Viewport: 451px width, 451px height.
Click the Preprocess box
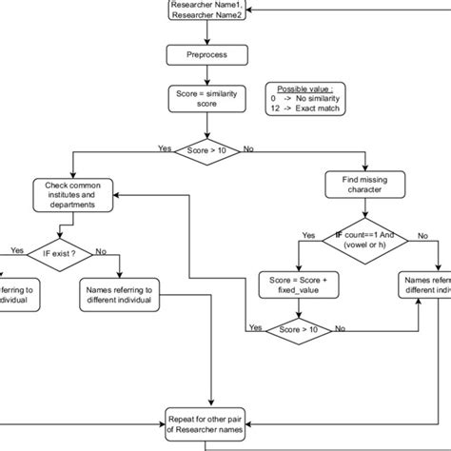pyautogui.click(x=206, y=56)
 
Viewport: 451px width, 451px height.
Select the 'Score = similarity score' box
pyautogui.click(x=206, y=99)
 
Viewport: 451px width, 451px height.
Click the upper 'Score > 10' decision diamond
pyautogui.click(x=207, y=149)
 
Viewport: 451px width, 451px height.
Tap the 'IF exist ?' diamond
pyautogui.click(x=61, y=255)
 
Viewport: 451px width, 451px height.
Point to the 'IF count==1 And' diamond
pyautogui.click(x=364, y=239)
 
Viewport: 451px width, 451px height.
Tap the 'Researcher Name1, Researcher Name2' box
pyautogui.click(x=206, y=10)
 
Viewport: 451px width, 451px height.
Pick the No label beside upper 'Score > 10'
pyautogui.click(x=249, y=148)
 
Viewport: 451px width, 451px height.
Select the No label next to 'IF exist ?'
pyautogui.click(x=101, y=251)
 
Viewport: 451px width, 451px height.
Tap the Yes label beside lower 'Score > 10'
pyautogui.click(x=255, y=326)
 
